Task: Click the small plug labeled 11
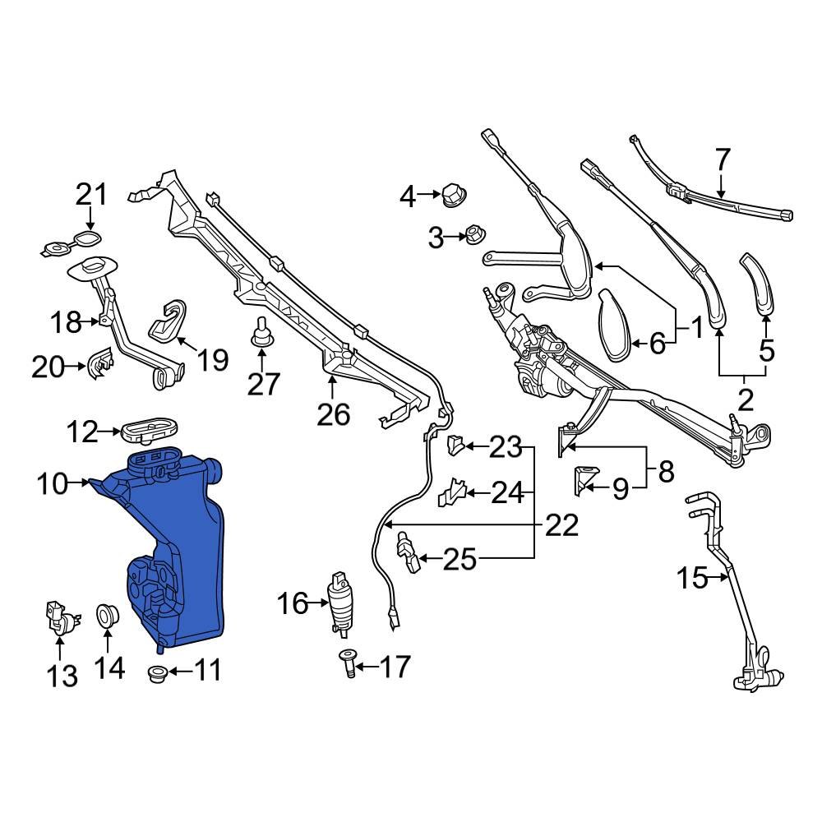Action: [x=155, y=674]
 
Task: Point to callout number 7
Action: [x=722, y=158]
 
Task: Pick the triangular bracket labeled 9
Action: [x=585, y=481]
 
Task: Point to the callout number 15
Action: [x=692, y=578]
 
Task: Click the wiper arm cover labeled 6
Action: [x=616, y=325]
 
